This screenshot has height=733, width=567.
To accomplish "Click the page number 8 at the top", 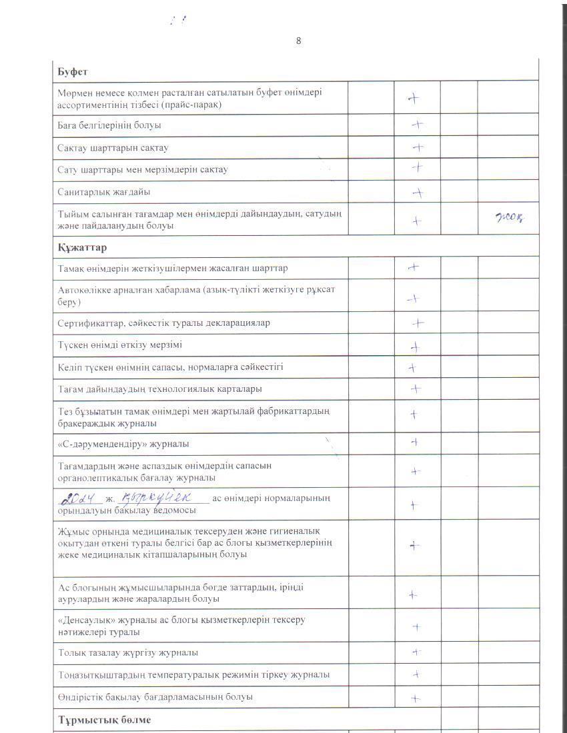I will click(x=298, y=41).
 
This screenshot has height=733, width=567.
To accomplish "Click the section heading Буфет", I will click(x=73, y=71).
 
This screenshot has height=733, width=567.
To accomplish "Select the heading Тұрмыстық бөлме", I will click(x=104, y=720).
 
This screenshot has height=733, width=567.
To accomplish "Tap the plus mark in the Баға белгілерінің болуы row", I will click(x=418, y=125).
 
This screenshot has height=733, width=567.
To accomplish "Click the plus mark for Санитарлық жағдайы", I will click(x=418, y=193).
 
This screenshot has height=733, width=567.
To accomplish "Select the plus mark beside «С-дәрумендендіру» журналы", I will click(x=414, y=442).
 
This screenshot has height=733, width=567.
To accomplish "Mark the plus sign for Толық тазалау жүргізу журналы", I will click(x=416, y=653).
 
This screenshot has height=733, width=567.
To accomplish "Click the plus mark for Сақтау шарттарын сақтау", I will click(x=418, y=147).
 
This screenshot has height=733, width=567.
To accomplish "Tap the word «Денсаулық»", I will click(x=85, y=620).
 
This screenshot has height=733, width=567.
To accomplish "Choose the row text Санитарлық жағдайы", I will click(x=104, y=192).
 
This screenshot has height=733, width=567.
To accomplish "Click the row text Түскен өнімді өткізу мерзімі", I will click(x=119, y=345).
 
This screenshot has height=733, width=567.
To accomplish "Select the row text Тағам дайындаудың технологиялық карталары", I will click(x=159, y=388).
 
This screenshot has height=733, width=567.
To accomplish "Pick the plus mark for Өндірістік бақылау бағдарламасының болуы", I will click(x=415, y=698).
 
